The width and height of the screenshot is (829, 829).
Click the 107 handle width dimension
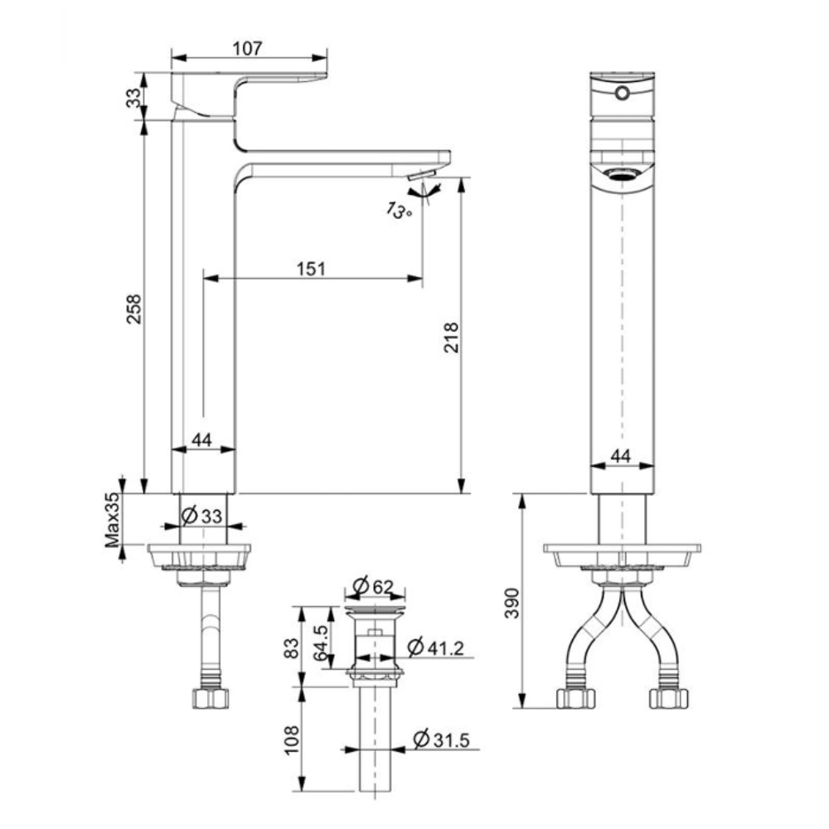coord(248,48)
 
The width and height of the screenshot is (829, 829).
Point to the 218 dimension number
coord(450,337)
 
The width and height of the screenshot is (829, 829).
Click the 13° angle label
coord(399,211)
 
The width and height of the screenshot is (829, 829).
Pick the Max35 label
coord(112,520)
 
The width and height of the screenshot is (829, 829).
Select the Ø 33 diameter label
coord(201,515)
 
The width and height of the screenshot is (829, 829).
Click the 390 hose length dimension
coord(512,604)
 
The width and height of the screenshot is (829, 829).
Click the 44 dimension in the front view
coord(621,455)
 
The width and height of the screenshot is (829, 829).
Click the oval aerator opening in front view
coord(622,173)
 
